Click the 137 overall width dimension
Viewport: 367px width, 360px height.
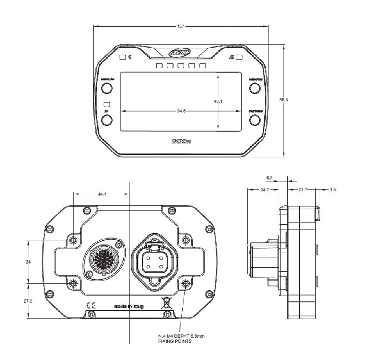click(x=181, y=26)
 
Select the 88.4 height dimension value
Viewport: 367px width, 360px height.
click(x=283, y=99)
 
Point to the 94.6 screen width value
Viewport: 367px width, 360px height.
click(x=181, y=111)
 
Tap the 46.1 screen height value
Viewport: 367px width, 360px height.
click(x=218, y=102)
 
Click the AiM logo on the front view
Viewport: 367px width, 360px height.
click(x=180, y=54)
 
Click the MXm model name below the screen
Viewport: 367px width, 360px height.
click(x=180, y=141)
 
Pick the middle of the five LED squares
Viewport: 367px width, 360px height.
click(x=181, y=66)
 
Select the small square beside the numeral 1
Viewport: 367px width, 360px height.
click(x=123, y=57)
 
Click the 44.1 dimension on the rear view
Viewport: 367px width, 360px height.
click(x=102, y=194)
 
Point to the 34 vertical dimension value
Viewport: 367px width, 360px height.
click(x=28, y=262)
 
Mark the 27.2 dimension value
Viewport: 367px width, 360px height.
click(x=28, y=301)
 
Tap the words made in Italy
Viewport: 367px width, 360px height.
click(x=129, y=306)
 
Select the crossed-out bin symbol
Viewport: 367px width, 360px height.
click(x=166, y=303)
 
